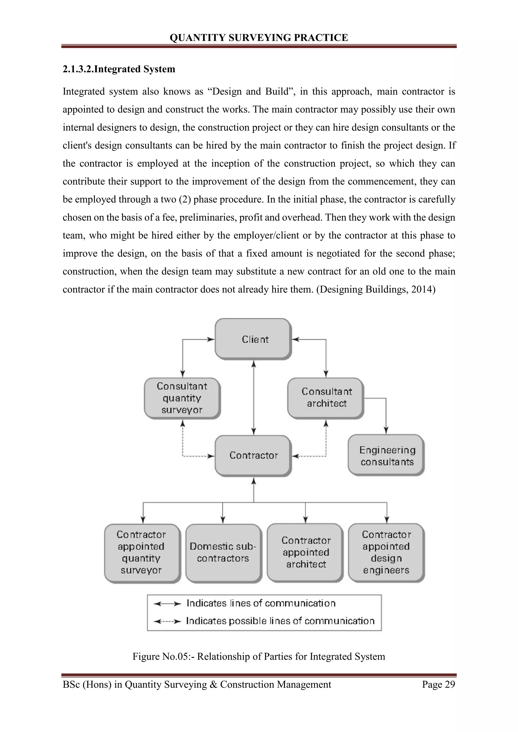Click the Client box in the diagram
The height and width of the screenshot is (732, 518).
point(253,339)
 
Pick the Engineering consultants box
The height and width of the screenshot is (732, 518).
point(386,455)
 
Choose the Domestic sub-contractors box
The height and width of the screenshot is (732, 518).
point(223,553)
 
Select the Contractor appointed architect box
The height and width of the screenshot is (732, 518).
point(305,552)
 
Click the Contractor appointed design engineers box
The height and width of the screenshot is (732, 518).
point(386,552)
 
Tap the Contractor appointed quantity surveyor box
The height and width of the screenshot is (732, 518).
point(142,553)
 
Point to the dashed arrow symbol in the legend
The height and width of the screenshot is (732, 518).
point(167,621)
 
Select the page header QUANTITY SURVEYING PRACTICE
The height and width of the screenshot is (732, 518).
point(259,38)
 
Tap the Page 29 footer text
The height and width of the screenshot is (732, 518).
point(438,684)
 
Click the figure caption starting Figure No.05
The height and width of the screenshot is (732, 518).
point(259,656)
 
